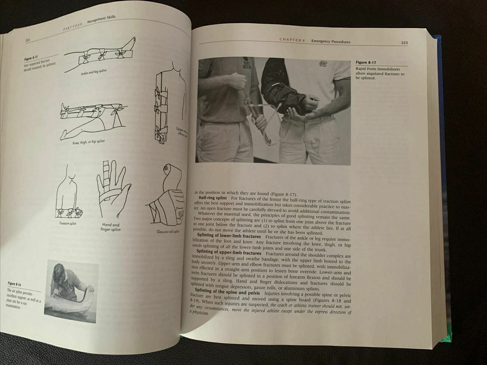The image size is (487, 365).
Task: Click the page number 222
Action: [x=28, y=40]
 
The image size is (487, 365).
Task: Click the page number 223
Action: [x=404, y=43]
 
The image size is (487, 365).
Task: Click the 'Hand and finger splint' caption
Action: [x=111, y=227]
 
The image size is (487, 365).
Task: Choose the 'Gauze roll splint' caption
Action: [x=168, y=231]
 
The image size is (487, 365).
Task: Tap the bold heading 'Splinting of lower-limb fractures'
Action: [x=228, y=236]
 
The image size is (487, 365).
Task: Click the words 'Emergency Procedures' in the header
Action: [x=331, y=42]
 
